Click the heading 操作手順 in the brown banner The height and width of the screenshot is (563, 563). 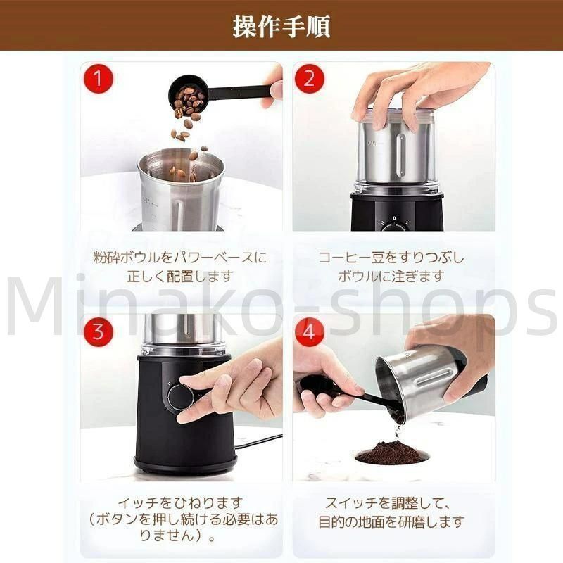(x=281, y=27)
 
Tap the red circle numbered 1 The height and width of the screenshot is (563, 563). (x=99, y=79)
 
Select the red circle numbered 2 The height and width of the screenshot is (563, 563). (x=309, y=79)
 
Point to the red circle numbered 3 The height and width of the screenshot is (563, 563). (x=99, y=331)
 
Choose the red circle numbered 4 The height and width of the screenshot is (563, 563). (x=309, y=331)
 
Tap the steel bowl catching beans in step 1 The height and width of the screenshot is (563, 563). (x=181, y=190)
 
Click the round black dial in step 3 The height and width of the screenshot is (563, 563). (x=181, y=398)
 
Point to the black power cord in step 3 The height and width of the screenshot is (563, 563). (x=258, y=441)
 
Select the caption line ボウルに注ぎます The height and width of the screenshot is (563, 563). (x=391, y=277)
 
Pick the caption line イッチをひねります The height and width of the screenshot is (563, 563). (x=181, y=502)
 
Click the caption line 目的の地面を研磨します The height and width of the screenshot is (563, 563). (x=391, y=521)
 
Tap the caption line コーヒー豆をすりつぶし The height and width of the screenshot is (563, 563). (x=391, y=258)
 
